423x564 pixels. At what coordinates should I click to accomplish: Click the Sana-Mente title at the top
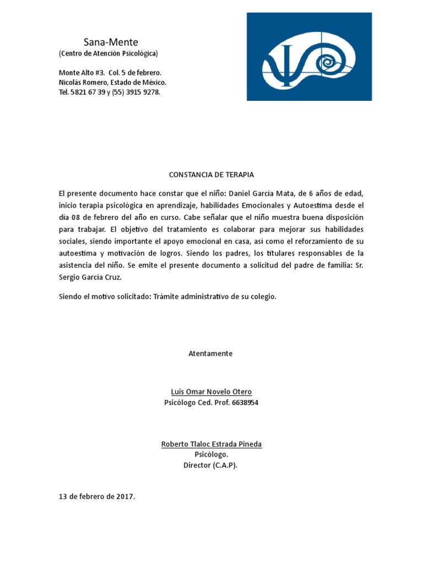(111, 42)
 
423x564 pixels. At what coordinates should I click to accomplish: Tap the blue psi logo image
(309, 57)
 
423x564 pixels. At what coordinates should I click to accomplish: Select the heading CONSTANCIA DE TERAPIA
(211, 175)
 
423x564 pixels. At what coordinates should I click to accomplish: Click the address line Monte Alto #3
(82, 73)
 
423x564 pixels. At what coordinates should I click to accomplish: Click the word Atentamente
(211, 354)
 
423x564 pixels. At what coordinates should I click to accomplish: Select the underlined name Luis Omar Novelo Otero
(211, 392)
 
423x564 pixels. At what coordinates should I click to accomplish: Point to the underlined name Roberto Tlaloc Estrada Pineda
(211, 444)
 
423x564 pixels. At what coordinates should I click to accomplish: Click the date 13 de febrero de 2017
(97, 497)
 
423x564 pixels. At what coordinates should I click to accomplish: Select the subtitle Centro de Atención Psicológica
(109, 53)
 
